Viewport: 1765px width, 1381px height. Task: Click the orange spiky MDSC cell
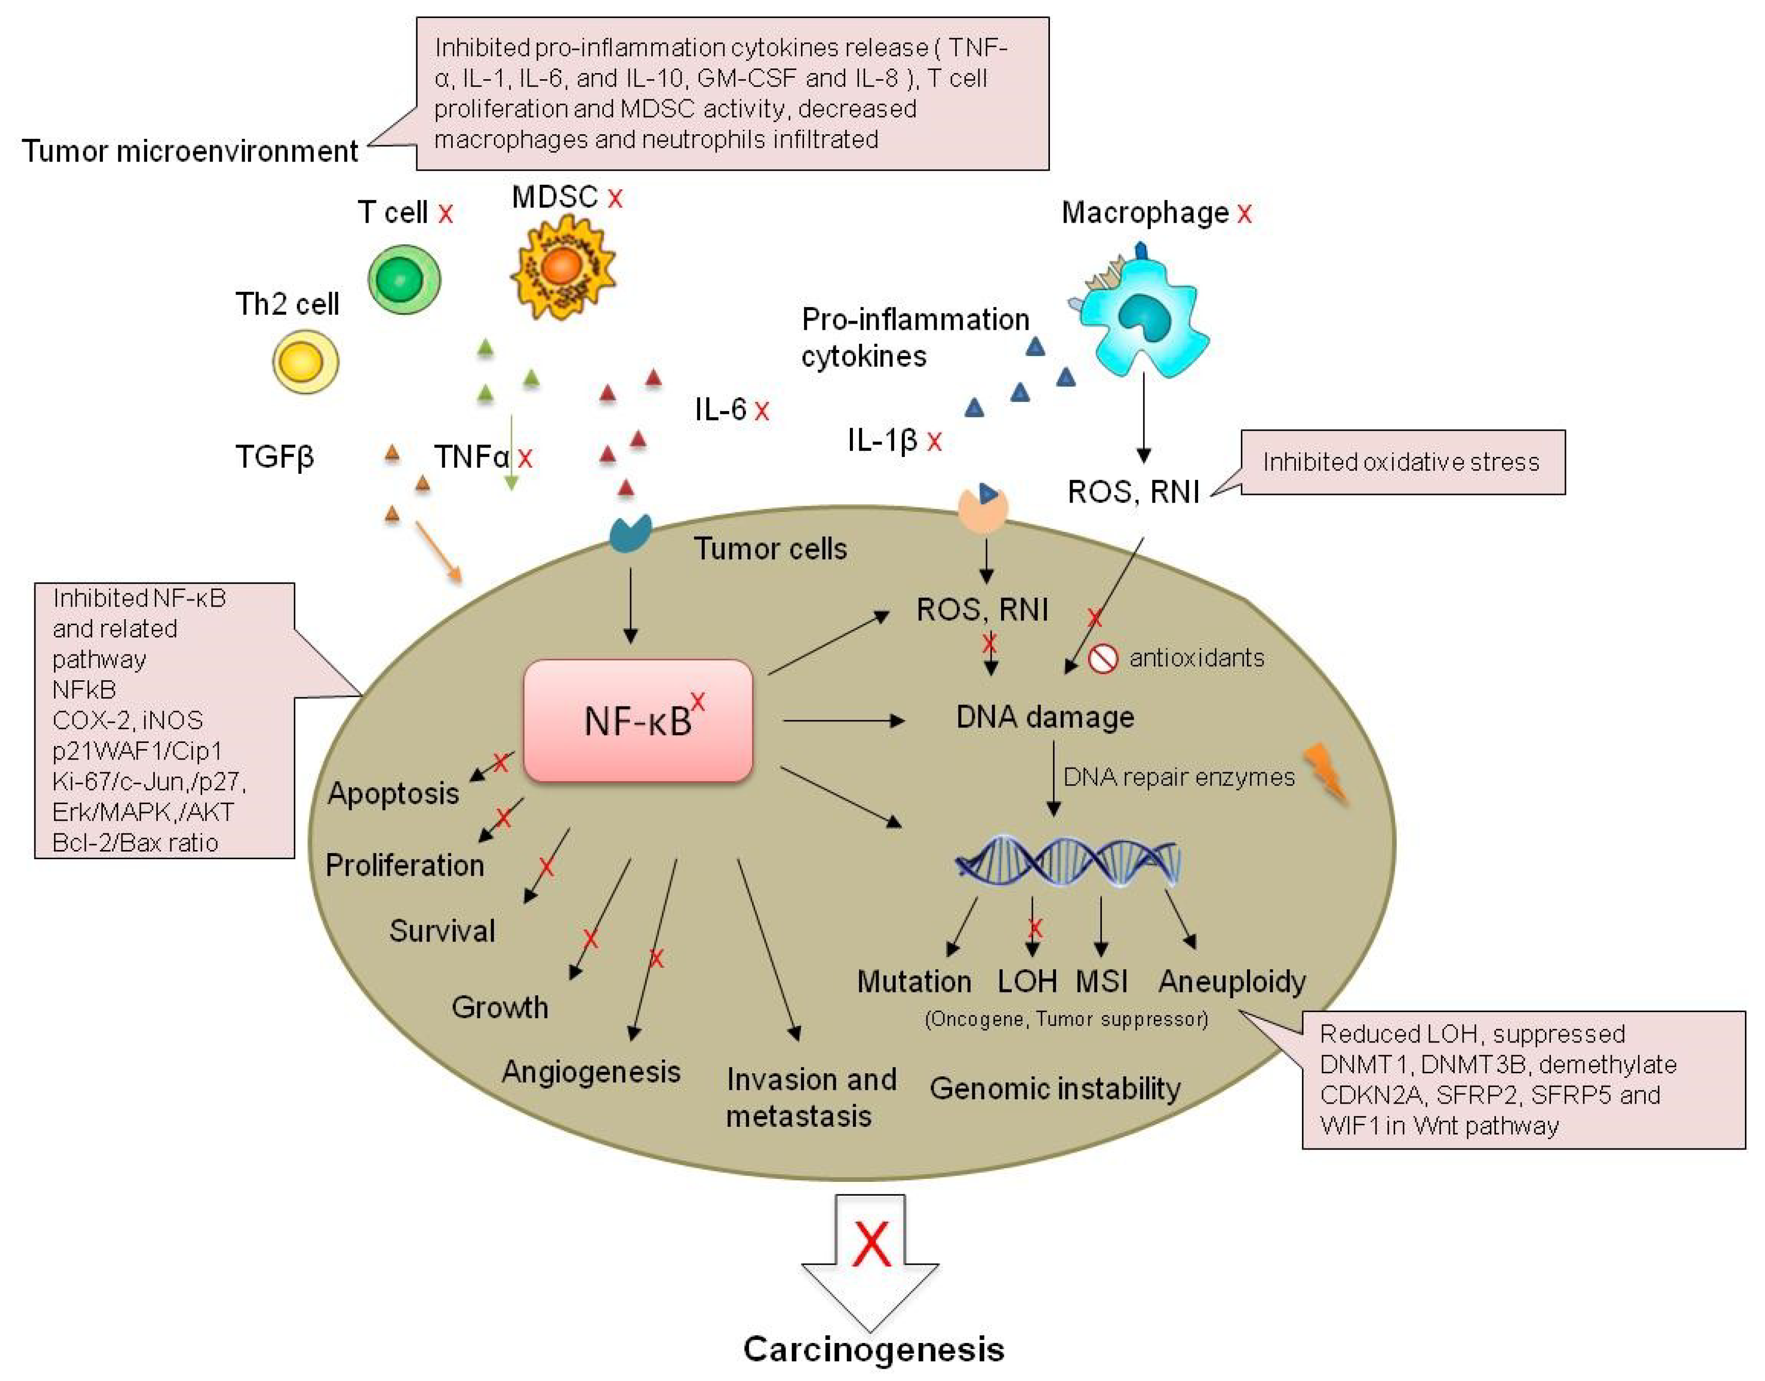pos(562,268)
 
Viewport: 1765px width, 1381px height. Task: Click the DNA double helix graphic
pos(1067,862)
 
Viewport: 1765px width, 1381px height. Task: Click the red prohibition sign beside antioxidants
pos(1102,658)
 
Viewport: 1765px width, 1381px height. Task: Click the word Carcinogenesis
pos(873,1349)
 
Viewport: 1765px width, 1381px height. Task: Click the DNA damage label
pos(1044,717)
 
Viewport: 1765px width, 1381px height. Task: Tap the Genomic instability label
pos(1055,1088)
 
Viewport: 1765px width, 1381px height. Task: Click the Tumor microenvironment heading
pos(190,151)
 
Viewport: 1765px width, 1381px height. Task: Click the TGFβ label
pos(275,457)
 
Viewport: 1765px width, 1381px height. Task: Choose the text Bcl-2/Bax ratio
pos(135,842)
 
